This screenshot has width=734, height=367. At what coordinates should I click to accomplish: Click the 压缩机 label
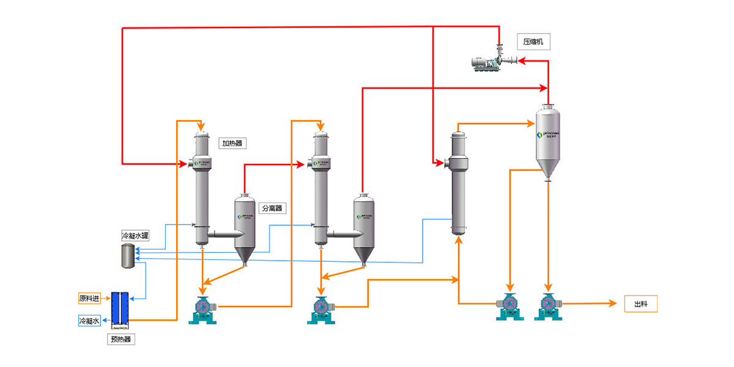pyautogui.click(x=533, y=42)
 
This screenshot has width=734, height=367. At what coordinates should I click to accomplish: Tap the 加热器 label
pyautogui.click(x=232, y=144)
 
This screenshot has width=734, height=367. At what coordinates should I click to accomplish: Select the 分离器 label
pyautogui.click(x=273, y=208)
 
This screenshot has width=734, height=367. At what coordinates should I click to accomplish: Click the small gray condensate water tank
pyautogui.click(x=128, y=256)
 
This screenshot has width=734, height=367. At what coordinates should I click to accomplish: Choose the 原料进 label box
pyautogui.click(x=90, y=298)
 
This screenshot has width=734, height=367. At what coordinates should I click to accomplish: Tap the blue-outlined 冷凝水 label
pyautogui.click(x=90, y=321)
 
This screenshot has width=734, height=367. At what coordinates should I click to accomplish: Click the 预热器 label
pyautogui.click(x=119, y=339)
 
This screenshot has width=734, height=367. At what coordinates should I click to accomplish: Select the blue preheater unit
pyautogui.click(x=119, y=308)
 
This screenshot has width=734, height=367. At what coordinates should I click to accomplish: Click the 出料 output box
pyautogui.click(x=640, y=303)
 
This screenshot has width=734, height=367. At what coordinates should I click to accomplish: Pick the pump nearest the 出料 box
pyautogui.click(x=548, y=306)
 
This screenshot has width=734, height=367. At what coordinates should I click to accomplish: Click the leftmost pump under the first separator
pyautogui.click(x=202, y=309)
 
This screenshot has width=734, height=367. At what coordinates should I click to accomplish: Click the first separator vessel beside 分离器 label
pyautogui.click(x=245, y=229)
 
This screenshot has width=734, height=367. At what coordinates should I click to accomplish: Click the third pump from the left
pyautogui.click(x=510, y=306)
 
